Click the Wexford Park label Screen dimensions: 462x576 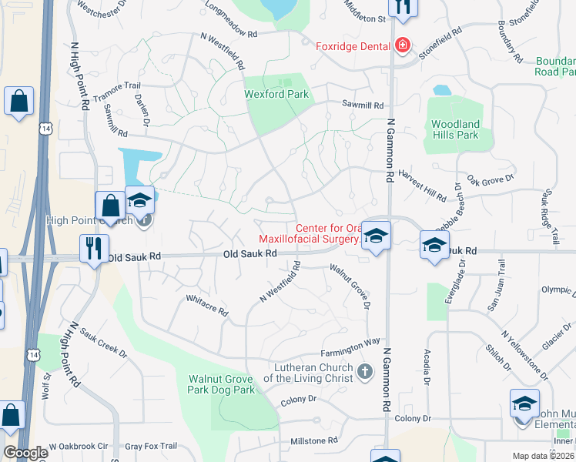(276, 95)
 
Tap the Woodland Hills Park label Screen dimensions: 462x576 (455, 129)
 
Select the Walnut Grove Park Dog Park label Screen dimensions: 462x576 (222, 385)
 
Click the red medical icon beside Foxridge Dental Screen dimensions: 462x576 (401, 46)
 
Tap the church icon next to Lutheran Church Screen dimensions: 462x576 (365, 373)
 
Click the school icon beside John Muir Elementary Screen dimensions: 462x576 (524, 404)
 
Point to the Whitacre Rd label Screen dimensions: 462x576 (207, 306)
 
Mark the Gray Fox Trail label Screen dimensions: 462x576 (151, 446)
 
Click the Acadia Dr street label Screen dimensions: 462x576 (425, 365)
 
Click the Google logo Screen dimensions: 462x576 (25, 452)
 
